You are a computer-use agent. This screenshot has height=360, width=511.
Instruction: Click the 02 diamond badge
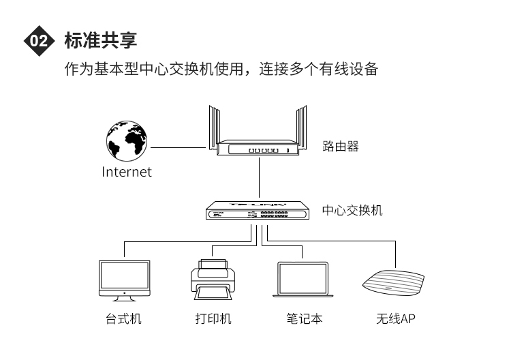point(39,41)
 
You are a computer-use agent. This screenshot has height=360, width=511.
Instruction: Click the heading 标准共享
point(101,40)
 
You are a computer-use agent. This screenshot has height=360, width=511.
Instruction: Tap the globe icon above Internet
point(127,141)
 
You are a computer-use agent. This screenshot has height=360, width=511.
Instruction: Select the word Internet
point(127,172)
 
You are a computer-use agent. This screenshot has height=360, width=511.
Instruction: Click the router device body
point(258,148)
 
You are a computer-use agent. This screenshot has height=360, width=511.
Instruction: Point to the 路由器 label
point(341,147)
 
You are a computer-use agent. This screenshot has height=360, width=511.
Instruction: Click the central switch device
point(258,210)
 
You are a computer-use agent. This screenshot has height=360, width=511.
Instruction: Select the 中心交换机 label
point(352,210)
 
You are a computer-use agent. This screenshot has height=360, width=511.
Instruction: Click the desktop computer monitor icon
point(125,280)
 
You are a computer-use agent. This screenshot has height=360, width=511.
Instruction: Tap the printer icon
point(213,280)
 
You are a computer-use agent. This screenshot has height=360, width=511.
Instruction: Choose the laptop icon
point(303,280)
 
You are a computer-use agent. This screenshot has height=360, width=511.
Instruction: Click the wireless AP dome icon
point(393,283)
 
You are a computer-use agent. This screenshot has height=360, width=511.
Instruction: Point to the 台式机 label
point(123,318)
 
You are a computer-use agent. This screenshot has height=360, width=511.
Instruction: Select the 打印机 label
point(213,318)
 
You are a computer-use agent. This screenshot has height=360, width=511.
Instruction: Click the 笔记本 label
point(305,318)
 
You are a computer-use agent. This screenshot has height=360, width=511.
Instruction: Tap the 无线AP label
point(396,318)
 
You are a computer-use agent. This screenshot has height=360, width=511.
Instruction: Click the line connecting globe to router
point(178,147)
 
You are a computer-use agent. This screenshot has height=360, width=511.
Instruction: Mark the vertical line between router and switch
point(259,178)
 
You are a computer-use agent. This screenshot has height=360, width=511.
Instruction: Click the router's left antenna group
point(214,128)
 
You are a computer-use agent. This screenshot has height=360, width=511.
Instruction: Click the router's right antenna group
point(301,128)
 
